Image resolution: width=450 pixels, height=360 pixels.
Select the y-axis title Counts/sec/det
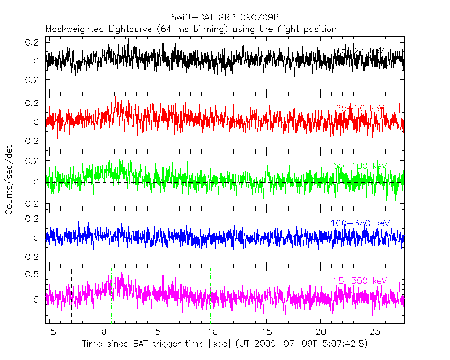coord(9,181)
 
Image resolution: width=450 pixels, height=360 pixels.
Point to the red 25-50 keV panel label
coord(360,109)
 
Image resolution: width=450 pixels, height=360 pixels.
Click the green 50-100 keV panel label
coord(360,166)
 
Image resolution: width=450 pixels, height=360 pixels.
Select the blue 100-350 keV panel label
coord(360,223)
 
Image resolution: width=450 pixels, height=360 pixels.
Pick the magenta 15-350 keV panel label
coord(360,281)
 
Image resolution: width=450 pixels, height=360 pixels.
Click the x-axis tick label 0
coord(104,332)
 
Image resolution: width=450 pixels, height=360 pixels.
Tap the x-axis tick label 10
coord(212,332)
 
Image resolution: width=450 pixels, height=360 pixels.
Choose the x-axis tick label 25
coord(375,332)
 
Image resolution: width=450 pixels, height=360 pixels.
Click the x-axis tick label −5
coord(49,332)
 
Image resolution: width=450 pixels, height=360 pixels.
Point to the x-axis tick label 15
coord(266,332)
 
